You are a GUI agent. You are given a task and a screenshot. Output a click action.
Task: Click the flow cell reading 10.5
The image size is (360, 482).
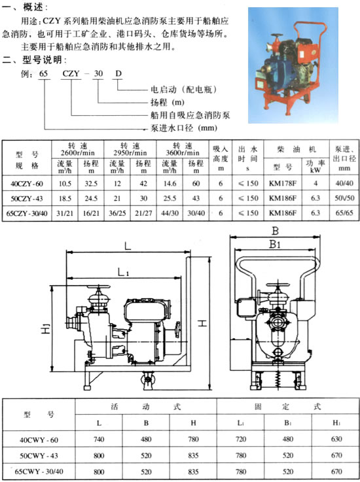point(65,184)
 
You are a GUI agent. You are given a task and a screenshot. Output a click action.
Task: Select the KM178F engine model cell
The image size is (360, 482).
point(283,184)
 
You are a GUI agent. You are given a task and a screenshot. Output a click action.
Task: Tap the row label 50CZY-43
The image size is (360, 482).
point(27,198)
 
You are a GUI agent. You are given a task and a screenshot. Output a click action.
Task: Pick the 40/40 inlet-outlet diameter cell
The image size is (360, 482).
point(344,184)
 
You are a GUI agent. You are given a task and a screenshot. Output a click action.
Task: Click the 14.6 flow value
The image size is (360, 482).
point(170,184)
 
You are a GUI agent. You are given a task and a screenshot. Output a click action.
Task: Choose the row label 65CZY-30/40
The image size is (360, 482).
point(27,213)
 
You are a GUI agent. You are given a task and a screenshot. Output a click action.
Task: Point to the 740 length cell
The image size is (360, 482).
point(99,439)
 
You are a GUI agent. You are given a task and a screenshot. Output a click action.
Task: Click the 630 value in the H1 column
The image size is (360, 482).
point(336,439)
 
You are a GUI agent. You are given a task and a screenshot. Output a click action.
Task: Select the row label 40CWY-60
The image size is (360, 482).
point(39,440)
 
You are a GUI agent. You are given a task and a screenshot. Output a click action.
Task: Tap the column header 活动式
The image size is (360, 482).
point(146,407)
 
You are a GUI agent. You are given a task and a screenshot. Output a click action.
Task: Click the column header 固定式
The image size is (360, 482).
point(288,407)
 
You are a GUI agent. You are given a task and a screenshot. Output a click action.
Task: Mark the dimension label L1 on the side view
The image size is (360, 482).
point(123,272)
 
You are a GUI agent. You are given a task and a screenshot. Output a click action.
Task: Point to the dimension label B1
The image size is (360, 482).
point(275,245)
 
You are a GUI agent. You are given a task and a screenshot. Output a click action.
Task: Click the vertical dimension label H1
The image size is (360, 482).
point(45,328)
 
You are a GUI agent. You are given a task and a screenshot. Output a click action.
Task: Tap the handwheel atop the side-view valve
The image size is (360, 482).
point(98,287)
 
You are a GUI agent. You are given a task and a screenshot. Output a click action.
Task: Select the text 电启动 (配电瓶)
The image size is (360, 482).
point(183,90)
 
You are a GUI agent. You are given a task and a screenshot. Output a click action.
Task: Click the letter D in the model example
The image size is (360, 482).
point(118,74)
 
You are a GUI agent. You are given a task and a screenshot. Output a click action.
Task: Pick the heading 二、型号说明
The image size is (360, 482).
point(34,60)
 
